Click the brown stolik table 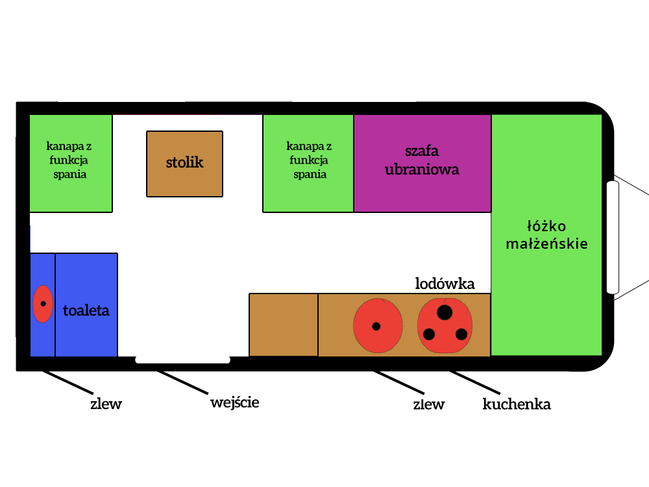pos(184,163)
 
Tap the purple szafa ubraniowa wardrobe pos(422,163)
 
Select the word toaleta pos(86,310)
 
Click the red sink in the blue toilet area pos(43,304)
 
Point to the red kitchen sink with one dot pos(377,325)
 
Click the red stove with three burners pos(445,325)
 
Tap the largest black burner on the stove pos(445,312)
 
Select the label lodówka pos(445,284)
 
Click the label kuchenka pos(517,405)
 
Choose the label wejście pos(234,403)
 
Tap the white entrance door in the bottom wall pos(182,360)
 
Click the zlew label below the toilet pos(106,404)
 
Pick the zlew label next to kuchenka pos(429,405)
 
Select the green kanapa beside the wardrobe pos(308,163)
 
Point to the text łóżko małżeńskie pos(548,235)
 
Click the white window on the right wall pos(613,238)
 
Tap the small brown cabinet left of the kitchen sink pos(284,325)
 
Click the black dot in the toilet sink pos(43,304)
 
